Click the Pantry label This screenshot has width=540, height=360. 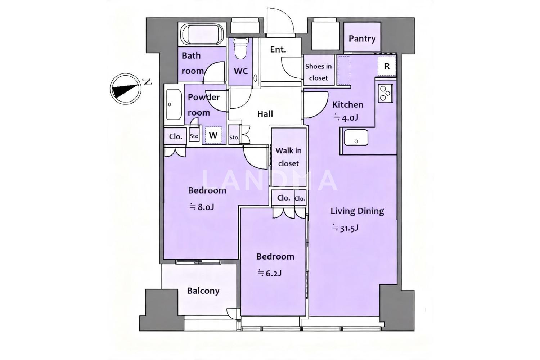tap(362, 39)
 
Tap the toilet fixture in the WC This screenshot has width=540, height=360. tap(241, 48)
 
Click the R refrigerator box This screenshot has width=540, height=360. tap(387, 66)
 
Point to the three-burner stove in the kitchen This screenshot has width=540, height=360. tap(386, 93)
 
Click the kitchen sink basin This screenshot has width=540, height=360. tap(356, 137)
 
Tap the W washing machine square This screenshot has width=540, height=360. tap(213, 135)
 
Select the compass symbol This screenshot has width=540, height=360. tap(125, 89)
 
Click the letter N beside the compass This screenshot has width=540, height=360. tap(148, 82)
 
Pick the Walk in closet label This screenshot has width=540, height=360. tap(288, 157)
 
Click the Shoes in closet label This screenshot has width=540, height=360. tap(319, 72)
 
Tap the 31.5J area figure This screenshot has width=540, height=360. tap(345, 228)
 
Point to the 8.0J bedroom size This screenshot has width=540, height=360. tap(202, 207)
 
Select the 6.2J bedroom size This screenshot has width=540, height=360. tap(270, 273)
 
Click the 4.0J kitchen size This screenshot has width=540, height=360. tap(346, 118)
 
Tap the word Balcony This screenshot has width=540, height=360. tap(203, 291)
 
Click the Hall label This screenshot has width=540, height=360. tap(265, 114)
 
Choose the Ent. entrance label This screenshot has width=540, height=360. tap(278, 49)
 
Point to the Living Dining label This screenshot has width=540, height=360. tap(357, 211)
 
